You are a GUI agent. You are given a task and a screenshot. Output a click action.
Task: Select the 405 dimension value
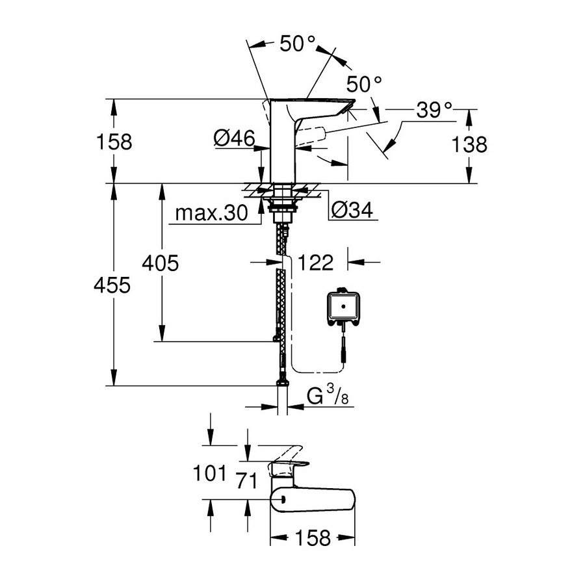click(x=161, y=263)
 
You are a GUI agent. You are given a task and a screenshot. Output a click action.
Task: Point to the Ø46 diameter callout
click(x=233, y=137)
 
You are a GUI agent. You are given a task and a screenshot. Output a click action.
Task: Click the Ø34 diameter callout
click(x=352, y=209)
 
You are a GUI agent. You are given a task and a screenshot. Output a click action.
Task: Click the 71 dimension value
click(x=247, y=482)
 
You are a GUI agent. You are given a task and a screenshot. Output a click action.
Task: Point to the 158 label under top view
click(x=313, y=538)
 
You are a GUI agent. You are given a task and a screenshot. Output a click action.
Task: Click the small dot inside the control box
click(x=342, y=303)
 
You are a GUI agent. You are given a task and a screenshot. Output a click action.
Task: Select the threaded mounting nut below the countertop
click(x=281, y=210)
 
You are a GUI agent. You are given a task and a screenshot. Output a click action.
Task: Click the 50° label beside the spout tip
click(x=363, y=84)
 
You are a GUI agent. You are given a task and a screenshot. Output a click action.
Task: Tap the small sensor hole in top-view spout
click(x=283, y=499)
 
